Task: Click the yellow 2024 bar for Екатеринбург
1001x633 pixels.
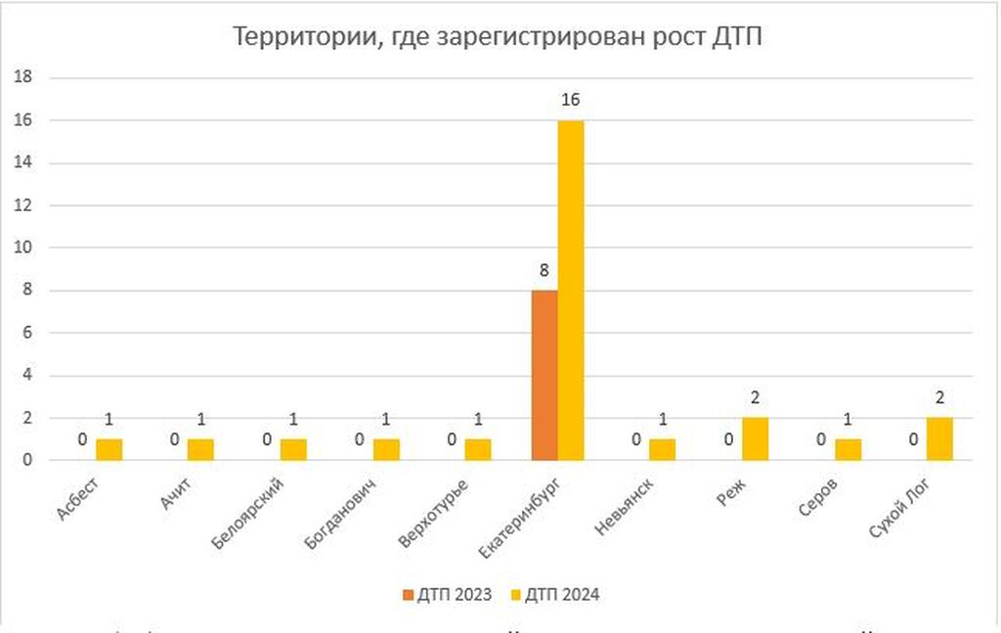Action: pyautogui.click(x=571, y=290)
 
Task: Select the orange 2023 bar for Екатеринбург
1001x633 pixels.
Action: pyautogui.click(x=544, y=375)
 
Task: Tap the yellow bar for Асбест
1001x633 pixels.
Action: pyautogui.click(x=109, y=449)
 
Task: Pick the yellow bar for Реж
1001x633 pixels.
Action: pyautogui.click(x=756, y=438)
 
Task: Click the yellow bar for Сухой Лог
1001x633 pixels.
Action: pyautogui.click(x=939, y=438)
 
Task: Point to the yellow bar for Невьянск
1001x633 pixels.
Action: pyautogui.click(x=663, y=449)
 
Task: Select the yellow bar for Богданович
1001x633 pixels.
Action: pyautogui.click(x=386, y=449)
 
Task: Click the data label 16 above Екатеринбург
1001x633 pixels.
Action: pyautogui.click(x=571, y=100)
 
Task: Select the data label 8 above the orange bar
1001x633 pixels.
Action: pyautogui.click(x=544, y=270)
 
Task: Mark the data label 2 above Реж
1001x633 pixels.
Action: pyautogui.click(x=756, y=397)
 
